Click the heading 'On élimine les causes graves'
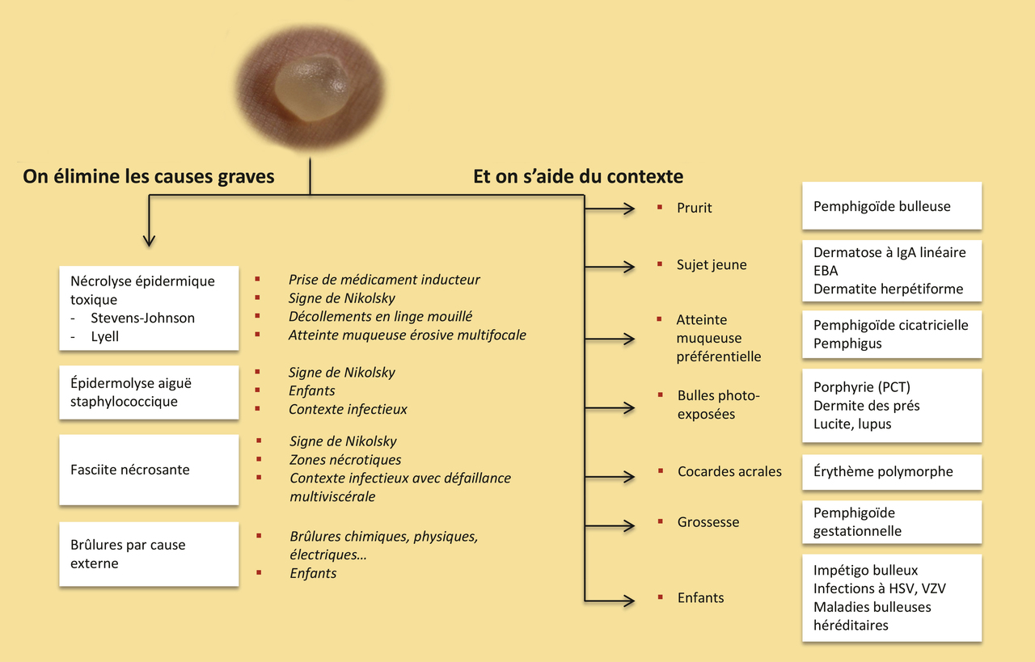(149, 176)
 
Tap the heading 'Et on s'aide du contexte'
(578, 176)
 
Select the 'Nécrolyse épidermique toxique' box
(149, 308)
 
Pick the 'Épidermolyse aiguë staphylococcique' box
(149, 392)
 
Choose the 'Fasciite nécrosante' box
(149, 470)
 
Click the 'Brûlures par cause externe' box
(149, 554)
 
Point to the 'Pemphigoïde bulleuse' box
(891, 206)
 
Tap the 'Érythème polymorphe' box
(891, 472)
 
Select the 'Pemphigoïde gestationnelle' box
(891, 522)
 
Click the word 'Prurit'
(695, 208)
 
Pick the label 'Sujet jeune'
(712, 265)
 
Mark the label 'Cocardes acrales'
(729, 471)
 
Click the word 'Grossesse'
(708, 522)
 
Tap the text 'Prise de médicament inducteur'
(384, 280)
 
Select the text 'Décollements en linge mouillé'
(380, 317)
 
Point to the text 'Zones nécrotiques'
(345, 460)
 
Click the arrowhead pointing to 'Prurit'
(629, 209)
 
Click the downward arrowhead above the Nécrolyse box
(148, 240)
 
